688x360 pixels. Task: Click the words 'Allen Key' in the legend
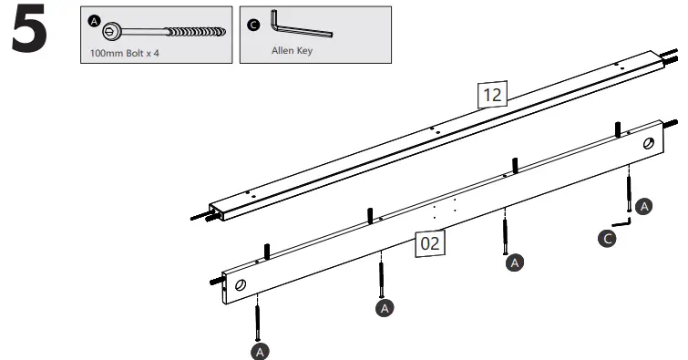pos(292,51)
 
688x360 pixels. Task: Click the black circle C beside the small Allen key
pos(608,238)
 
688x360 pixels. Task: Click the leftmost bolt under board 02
pos(258,319)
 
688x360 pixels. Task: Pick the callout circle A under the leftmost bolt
pos(260,349)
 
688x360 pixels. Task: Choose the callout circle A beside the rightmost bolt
pos(644,207)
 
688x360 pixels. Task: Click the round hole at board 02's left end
pos(240,285)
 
